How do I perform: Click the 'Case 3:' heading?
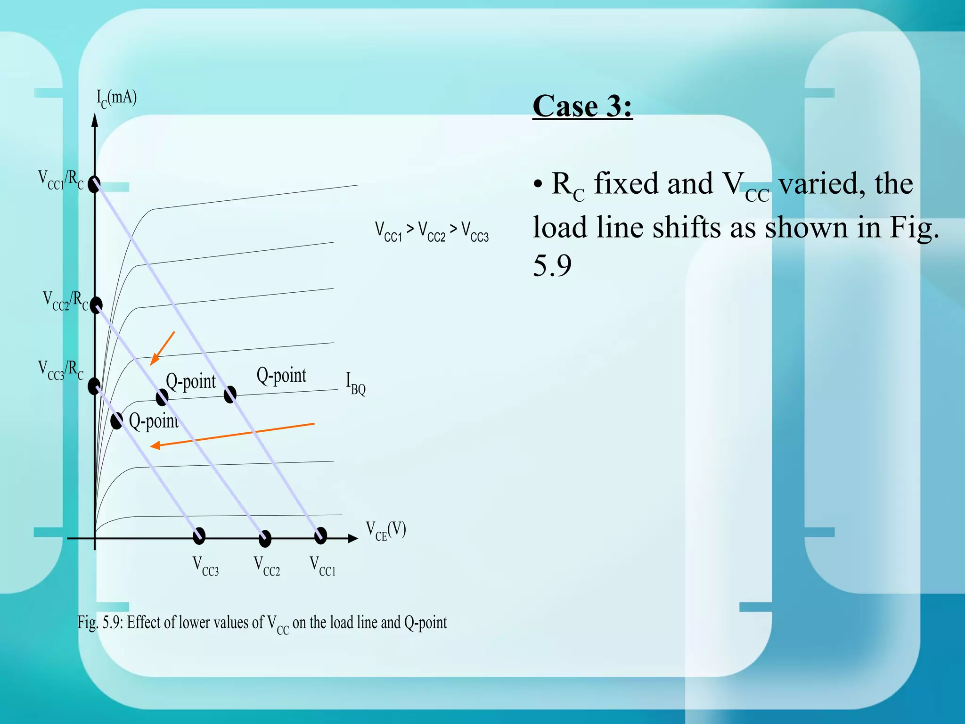click(582, 106)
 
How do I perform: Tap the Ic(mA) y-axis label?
click(116, 98)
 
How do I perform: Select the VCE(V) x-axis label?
click(386, 530)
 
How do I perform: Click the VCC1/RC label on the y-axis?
click(61, 180)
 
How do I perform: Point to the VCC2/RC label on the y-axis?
click(65, 301)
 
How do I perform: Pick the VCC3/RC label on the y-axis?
click(61, 370)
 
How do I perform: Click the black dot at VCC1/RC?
click(94, 184)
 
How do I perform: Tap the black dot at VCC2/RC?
click(96, 305)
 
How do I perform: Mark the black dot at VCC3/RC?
click(94, 386)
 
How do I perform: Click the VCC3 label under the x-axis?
click(206, 566)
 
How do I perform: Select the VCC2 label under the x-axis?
click(267, 566)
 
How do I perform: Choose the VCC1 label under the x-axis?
click(323, 566)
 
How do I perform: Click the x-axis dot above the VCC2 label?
click(265, 538)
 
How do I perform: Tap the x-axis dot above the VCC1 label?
click(320, 535)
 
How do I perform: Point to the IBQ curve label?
click(356, 383)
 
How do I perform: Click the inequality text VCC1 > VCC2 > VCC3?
click(432, 231)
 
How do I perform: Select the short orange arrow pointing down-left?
click(162, 348)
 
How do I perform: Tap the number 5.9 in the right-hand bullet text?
click(552, 265)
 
